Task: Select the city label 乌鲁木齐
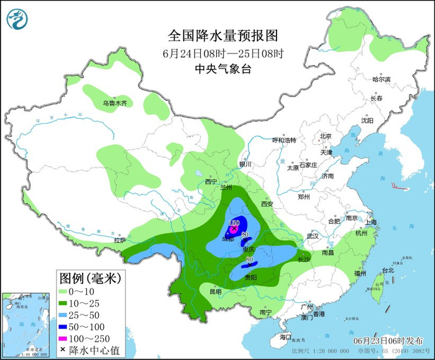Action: click(x=115, y=103)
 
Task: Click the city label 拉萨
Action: click(x=120, y=240)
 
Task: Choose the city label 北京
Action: click(x=326, y=136)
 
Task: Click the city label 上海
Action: click(x=372, y=222)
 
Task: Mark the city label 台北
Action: click(x=387, y=270)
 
